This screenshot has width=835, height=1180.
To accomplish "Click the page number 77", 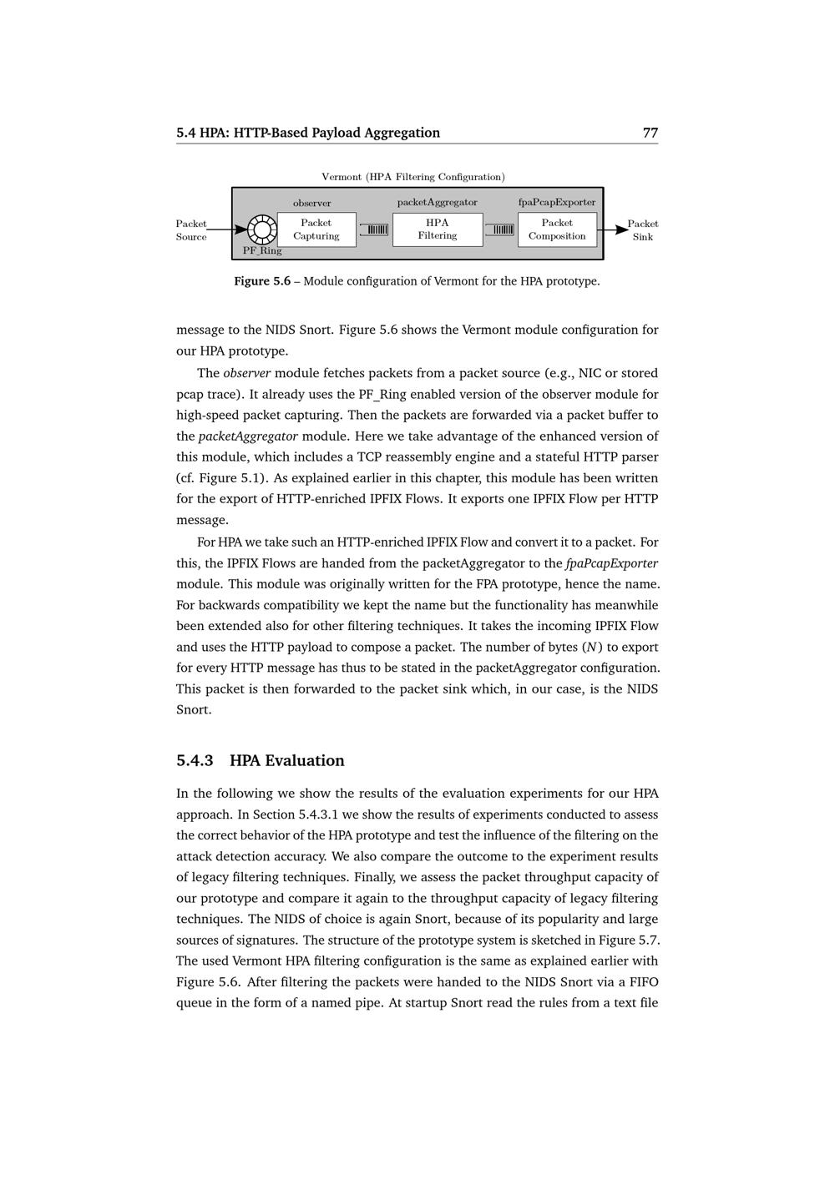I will (650, 133).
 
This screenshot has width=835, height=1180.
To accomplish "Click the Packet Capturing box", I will (316, 229).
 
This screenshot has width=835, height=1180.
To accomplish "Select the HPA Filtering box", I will (438, 229).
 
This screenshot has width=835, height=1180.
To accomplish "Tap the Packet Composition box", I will (557, 229).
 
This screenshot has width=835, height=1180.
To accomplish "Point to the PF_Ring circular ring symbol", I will (262, 229).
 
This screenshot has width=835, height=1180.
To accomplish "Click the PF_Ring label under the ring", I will (262, 250).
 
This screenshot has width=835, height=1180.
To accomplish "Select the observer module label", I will (311, 203).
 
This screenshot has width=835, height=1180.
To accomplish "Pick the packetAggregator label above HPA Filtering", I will (437, 202).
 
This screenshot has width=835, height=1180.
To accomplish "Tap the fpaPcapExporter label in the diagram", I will (557, 202).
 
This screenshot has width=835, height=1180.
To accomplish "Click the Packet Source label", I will (191, 229).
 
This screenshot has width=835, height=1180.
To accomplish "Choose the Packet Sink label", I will (643, 229).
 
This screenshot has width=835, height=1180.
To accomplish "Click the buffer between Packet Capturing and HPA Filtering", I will (374, 229).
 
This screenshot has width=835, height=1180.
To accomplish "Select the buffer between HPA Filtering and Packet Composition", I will (499, 229).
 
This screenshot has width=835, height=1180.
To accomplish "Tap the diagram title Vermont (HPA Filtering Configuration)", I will (413, 177).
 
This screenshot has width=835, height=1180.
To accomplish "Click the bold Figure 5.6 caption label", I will (262, 281).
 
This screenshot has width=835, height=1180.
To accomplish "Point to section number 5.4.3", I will (195, 760).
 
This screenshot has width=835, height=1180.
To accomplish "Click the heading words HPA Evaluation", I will (286, 760).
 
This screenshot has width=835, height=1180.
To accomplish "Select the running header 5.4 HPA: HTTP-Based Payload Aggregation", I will (308, 133).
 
